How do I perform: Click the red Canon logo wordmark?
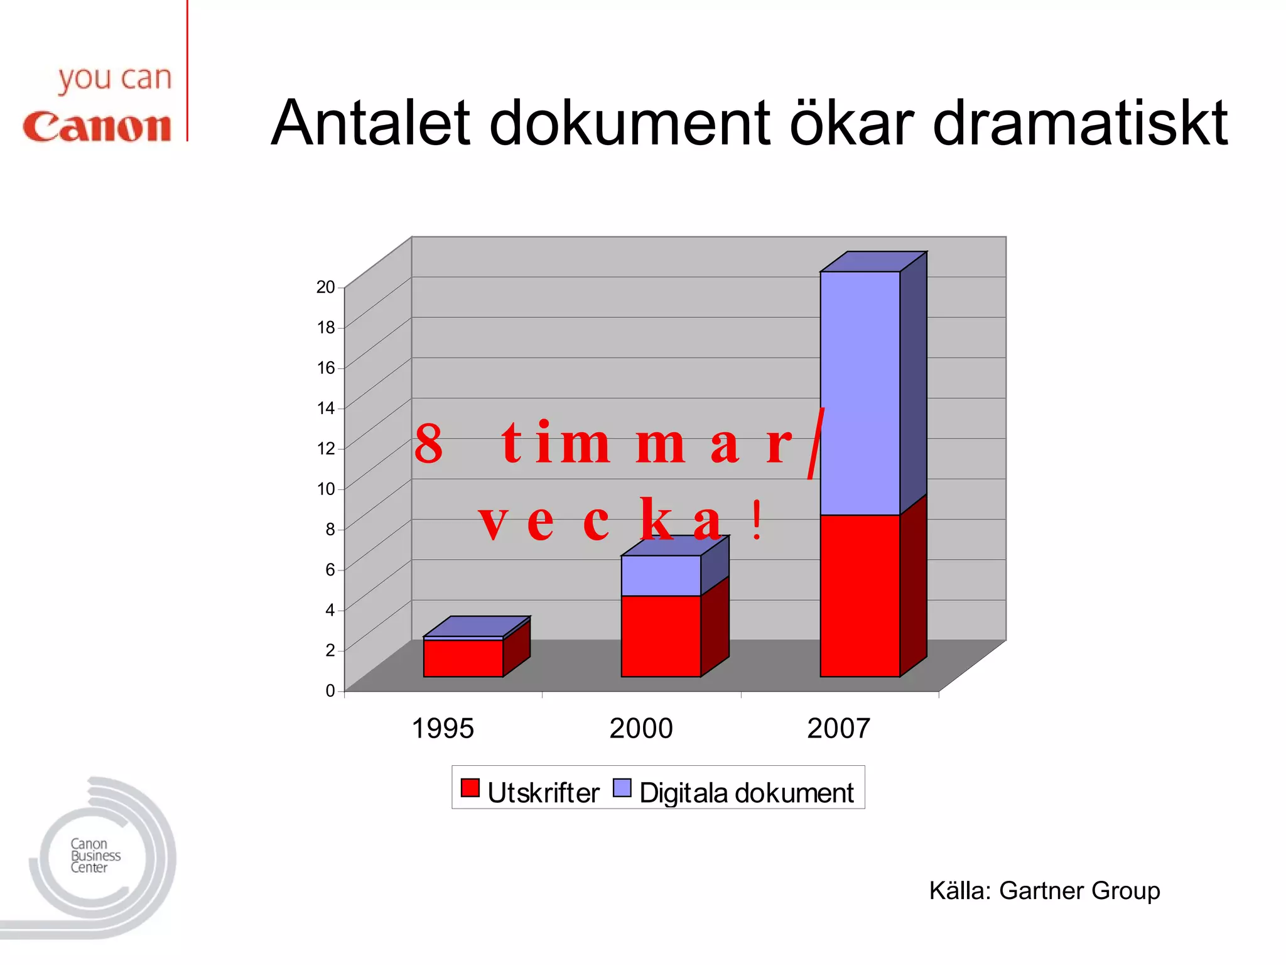coord(97,127)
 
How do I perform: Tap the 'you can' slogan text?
coord(115,80)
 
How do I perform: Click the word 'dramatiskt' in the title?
coord(1079,123)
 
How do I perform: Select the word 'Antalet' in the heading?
coord(370,123)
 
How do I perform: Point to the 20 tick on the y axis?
coord(325,287)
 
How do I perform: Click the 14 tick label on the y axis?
coord(325,408)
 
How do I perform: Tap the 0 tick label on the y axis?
coord(330,691)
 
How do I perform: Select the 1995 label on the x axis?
coord(442,729)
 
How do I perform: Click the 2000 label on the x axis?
coord(640,729)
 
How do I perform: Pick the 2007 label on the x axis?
coord(838,729)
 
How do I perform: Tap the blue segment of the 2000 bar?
coord(661,575)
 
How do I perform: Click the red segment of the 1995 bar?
coord(463,658)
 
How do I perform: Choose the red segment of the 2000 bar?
coord(661,636)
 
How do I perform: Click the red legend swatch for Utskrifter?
coord(470,788)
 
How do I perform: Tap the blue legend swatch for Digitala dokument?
coord(622,788)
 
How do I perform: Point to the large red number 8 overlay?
coord(429,444)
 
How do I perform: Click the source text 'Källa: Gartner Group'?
coord(1044,891)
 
